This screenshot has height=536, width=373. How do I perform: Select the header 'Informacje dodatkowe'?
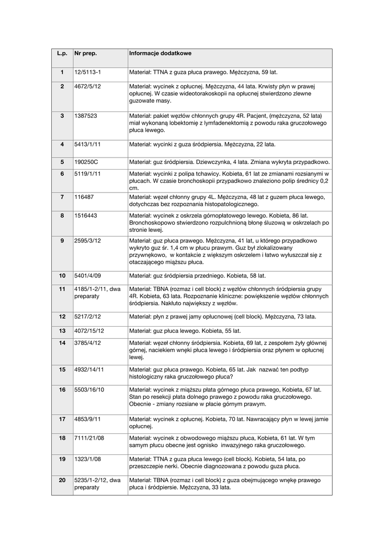coord(160,53)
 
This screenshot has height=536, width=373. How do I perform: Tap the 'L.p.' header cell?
coord(62,53)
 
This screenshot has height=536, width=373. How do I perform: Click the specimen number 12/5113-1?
coord(87,72)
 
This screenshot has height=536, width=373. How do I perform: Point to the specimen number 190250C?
coord(86,162)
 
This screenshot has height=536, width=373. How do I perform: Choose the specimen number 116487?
coord(83,197)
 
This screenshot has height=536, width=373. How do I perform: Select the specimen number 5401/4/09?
coord(88,275)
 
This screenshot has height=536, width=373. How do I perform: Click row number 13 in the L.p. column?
coord(62,331)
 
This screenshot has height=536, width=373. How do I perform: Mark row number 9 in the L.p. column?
coord(62,240)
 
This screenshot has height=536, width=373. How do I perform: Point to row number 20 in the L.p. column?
coord(62,479)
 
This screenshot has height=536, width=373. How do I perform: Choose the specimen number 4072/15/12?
coord(89,331)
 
